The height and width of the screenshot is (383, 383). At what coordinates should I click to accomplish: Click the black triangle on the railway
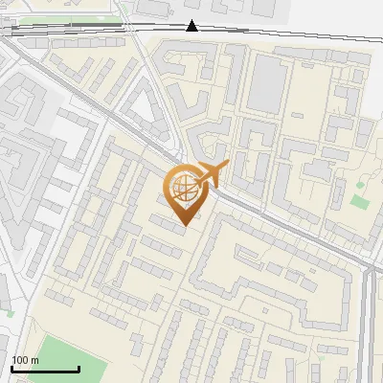click(x=192, y=26)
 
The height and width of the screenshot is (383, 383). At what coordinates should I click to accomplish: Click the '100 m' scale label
click(x=25, y=360)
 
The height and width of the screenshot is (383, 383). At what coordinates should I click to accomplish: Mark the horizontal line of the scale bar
click(x=45, y=369)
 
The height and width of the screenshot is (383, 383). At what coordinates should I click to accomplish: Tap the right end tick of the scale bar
click(x=79, y=367)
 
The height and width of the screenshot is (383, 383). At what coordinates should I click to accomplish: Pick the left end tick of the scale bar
click(x=11, y=367)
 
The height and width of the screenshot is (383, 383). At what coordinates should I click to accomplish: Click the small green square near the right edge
click(x=360, y=201)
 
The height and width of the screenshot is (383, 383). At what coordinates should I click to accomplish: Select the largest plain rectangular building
click(x=267, y=80)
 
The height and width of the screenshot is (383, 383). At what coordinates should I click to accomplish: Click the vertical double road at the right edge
click(x=370, y=326)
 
